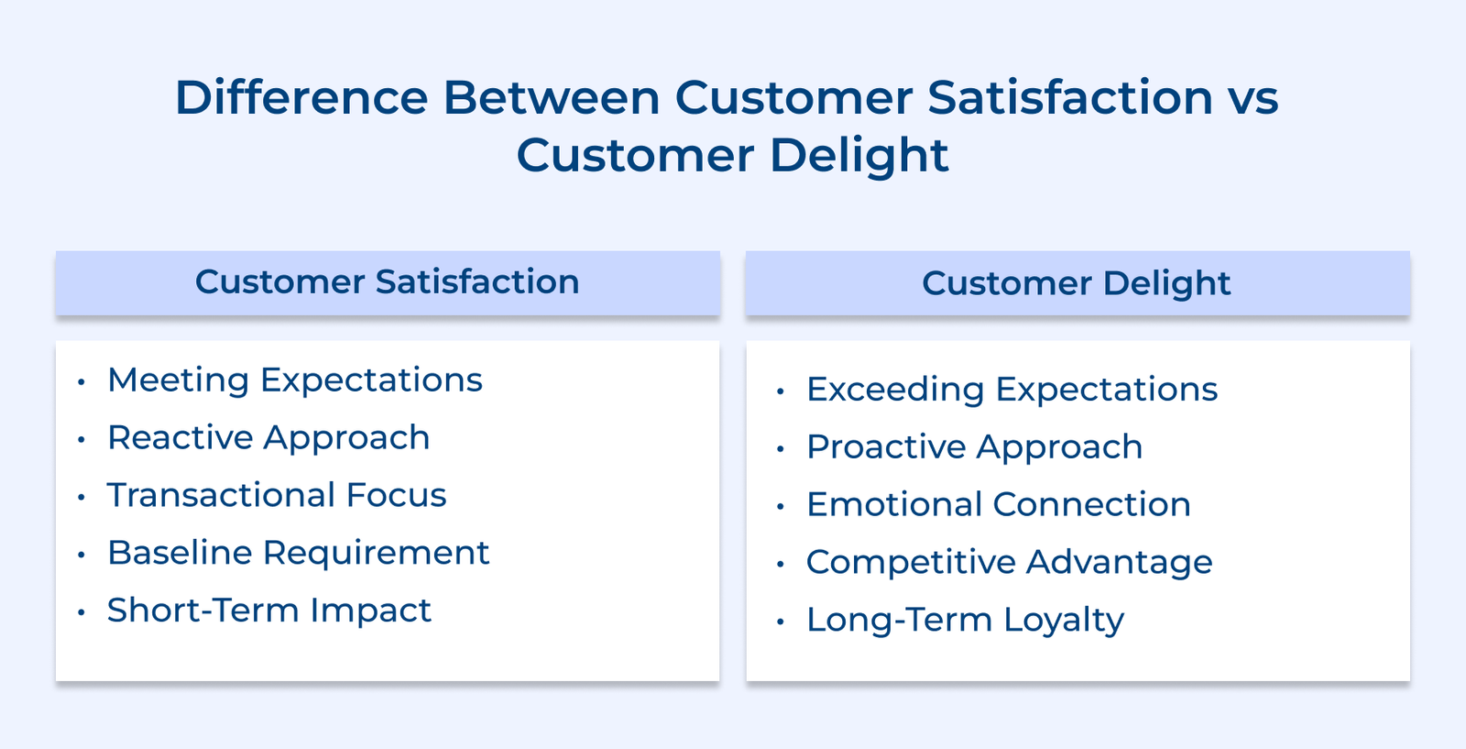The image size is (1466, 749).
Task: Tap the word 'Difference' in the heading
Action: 301,97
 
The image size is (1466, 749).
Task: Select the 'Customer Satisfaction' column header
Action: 388,282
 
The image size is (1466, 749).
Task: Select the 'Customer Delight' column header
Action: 1077,283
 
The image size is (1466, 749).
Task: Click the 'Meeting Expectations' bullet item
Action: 295,380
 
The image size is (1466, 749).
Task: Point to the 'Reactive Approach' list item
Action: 269,438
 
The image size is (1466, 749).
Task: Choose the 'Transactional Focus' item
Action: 277,495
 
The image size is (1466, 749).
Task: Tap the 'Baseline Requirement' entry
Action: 299,553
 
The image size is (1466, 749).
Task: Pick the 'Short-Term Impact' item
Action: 269,611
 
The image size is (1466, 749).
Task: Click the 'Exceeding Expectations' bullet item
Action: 1012,390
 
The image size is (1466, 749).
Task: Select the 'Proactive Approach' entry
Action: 975,447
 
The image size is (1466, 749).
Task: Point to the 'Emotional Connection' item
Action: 999,505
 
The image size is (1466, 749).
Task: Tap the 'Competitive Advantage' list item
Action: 1009,562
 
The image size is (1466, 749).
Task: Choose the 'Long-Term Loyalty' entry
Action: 966,620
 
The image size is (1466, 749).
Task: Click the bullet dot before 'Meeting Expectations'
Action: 82,381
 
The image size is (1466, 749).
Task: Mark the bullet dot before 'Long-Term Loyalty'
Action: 780,622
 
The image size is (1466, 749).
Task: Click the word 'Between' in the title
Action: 552,97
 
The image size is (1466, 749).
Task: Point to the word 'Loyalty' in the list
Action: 1064,620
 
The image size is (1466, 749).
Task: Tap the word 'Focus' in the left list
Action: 396,495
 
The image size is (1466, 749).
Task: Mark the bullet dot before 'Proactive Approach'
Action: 780,448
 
